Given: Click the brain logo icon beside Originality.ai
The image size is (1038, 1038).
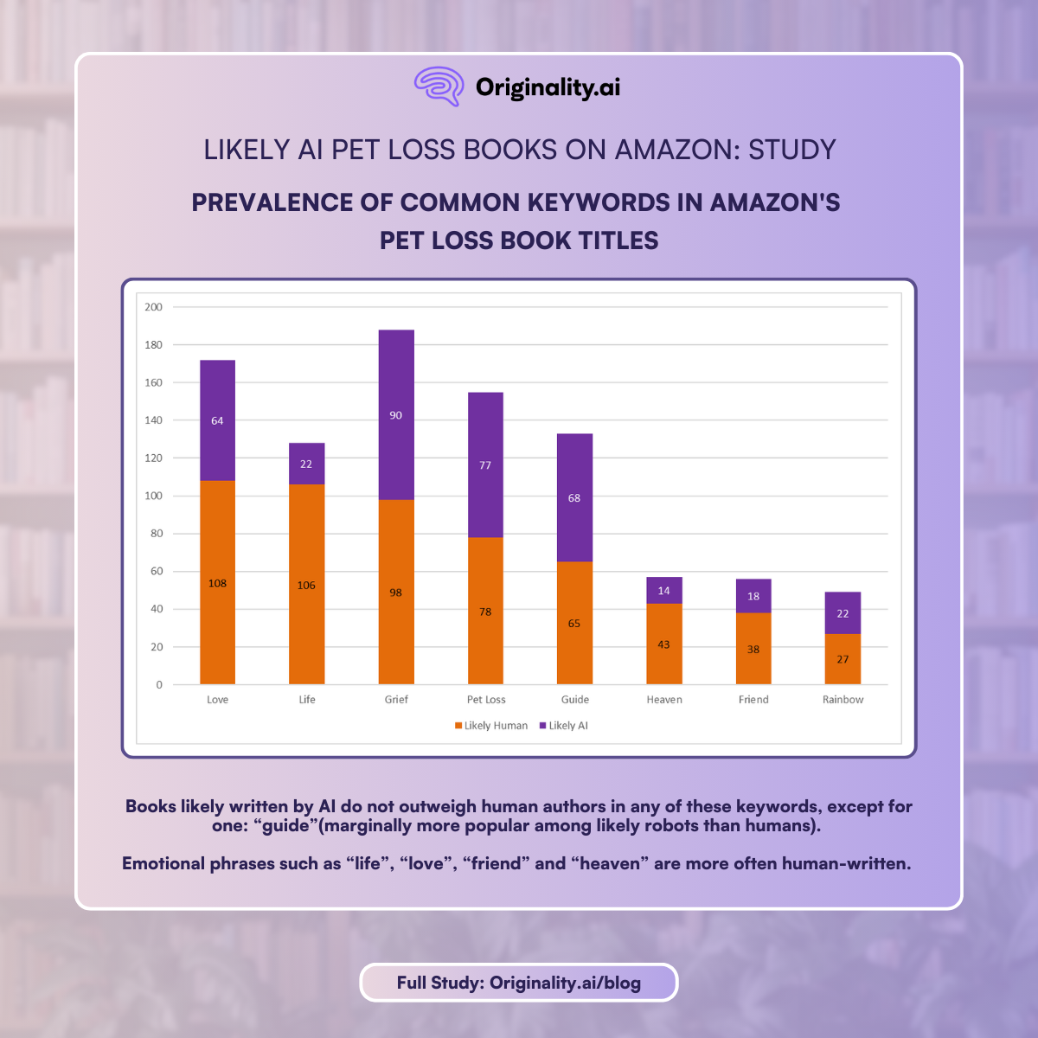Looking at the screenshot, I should tap(440, 86).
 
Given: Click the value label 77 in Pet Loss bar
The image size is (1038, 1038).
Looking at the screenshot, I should tap(485, 465).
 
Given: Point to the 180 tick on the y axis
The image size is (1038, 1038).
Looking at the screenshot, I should tap(154, 345).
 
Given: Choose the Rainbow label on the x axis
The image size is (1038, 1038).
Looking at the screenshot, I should tap(843, 700).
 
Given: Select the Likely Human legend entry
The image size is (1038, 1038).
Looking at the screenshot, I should tap(491, 726).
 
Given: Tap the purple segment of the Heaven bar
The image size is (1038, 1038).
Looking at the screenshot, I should tap(664, 591).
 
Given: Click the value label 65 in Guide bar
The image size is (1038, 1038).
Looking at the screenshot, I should tap(574, 624).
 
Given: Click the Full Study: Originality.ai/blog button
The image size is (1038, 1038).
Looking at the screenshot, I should tap(519, 983).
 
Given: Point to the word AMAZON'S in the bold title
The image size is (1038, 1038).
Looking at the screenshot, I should tap(775, 202).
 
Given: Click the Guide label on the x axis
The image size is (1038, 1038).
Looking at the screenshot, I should tap(574, 700).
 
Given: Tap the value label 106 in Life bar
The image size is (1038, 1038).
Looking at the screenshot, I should tap(306, 586).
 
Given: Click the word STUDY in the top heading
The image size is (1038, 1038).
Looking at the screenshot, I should tap(791, 150).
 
